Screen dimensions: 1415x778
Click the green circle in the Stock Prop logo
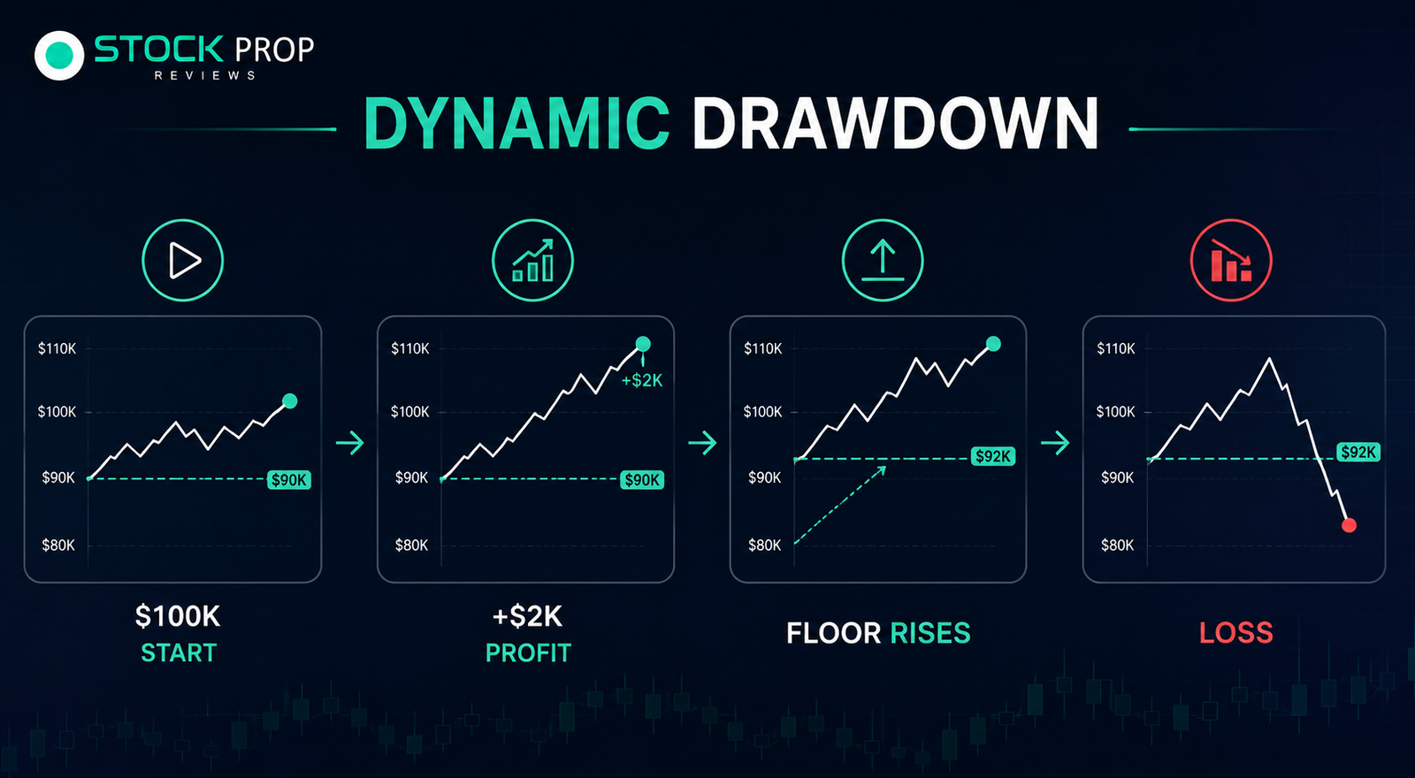click(59, 56)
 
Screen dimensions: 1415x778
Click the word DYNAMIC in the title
click(516, 124)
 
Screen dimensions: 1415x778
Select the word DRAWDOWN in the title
click(895, 124)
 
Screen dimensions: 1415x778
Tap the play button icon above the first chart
click(182, 260)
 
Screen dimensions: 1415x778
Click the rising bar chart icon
click(532, 260)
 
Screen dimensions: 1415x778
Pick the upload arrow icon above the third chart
click(883, 260)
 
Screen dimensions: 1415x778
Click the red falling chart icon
click(1231, 260)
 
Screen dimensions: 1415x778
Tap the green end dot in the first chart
click(290, 401)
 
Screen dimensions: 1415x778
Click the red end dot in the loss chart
click(1349, 525)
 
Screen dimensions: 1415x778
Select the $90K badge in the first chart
click(288, 480)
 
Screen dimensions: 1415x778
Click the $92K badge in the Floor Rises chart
click(993, 456)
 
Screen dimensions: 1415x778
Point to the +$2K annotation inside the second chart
click(642, 380)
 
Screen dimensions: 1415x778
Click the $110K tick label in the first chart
click(57, 348)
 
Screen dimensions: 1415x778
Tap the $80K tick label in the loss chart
click(1118, 545)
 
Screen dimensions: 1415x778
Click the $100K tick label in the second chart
click(410, 412)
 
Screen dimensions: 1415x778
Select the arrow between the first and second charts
click(350, 443)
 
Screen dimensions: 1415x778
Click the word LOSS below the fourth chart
click(1236, 633)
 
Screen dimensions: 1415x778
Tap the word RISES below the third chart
click(930, 633)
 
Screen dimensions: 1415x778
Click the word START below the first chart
click(179, 653)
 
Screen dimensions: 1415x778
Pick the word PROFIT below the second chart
click(528, 653)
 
